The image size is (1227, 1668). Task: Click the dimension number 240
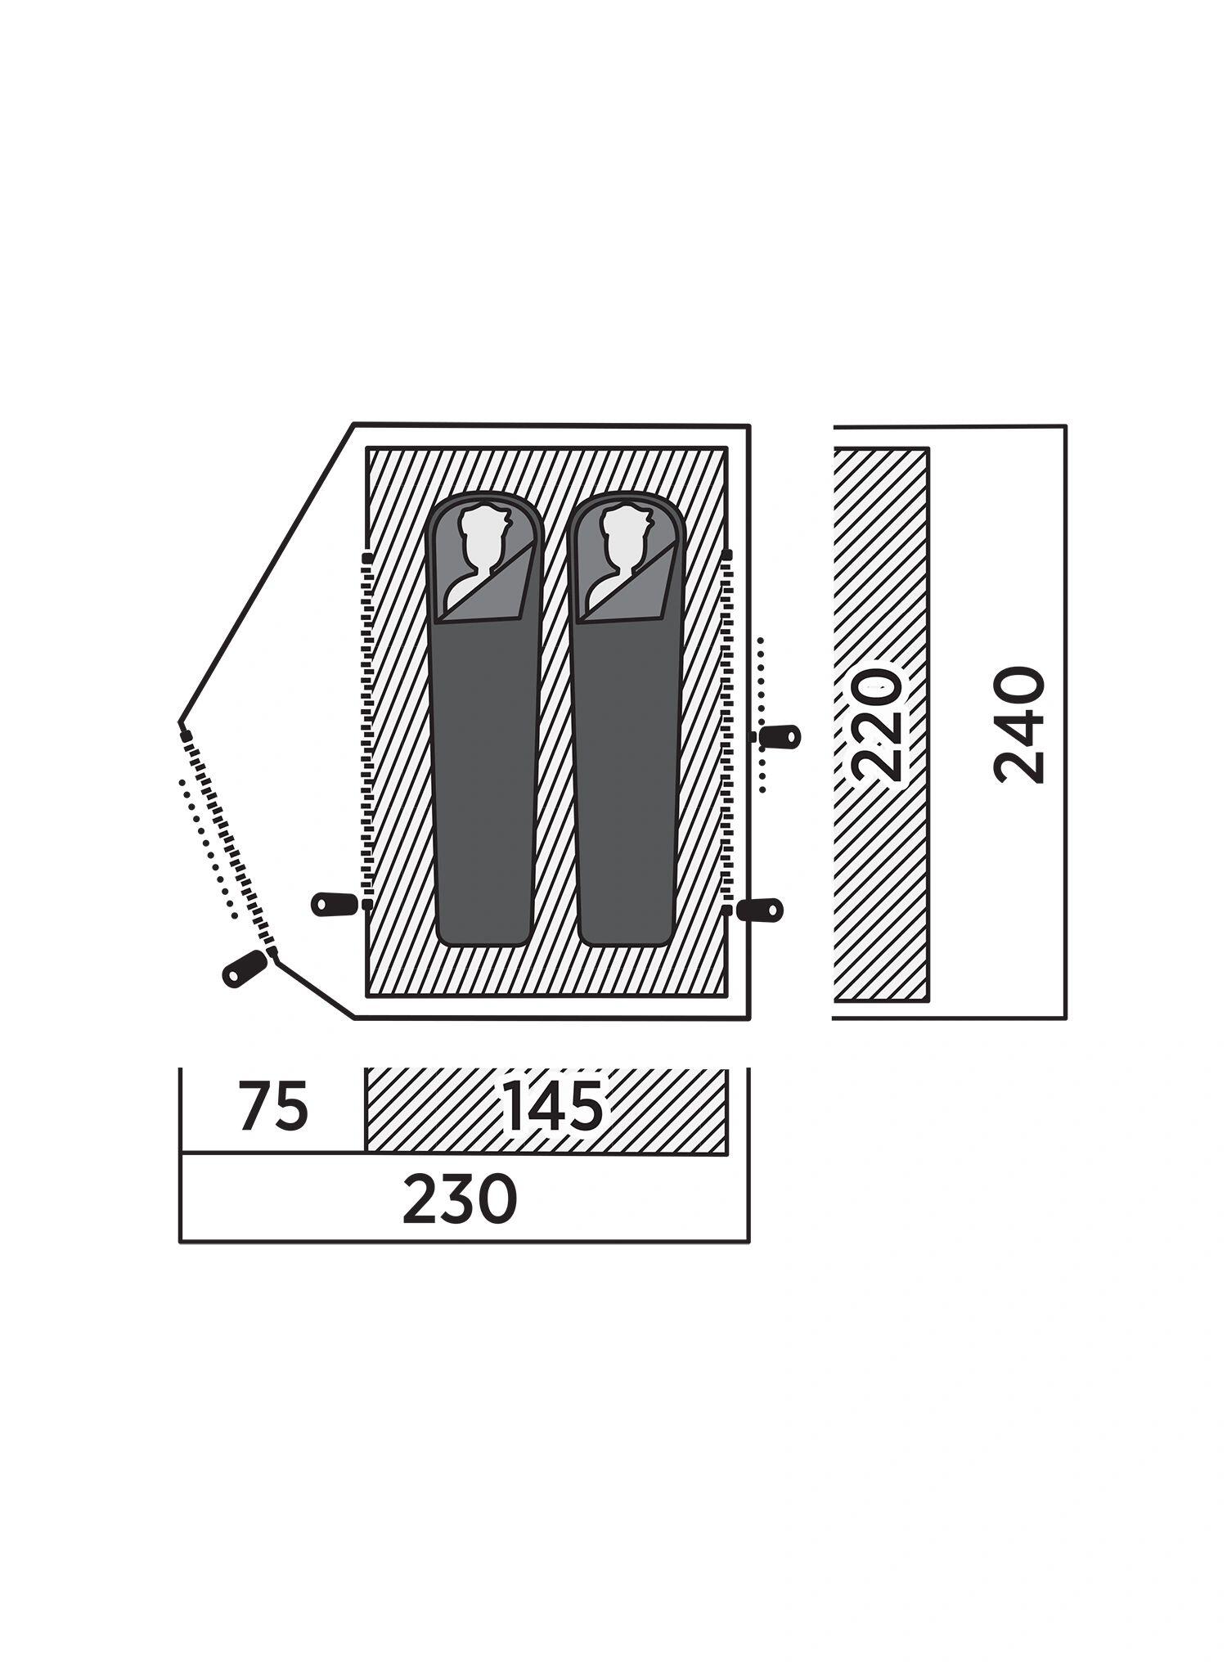point(1019,725)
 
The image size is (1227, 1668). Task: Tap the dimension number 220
point(876,725)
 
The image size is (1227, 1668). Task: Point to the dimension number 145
point(553,1106)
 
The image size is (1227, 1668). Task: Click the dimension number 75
point(273,1106)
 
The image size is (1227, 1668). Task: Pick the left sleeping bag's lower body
point(484,781)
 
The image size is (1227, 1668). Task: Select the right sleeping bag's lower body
point(626,781)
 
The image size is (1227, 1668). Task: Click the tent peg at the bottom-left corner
point(245,969)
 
